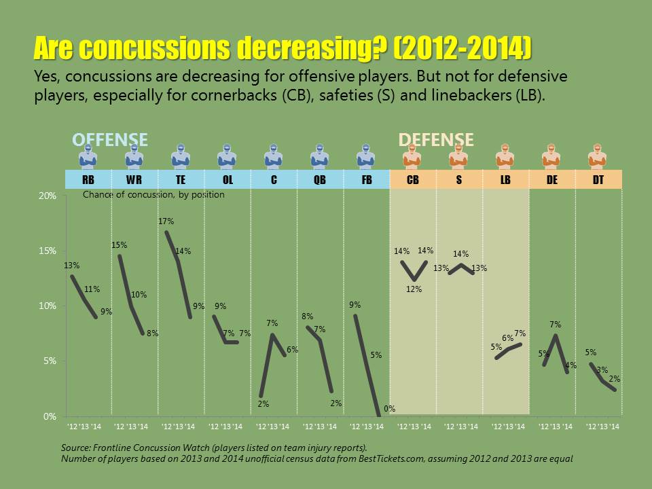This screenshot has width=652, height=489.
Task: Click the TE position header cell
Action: (181, 181)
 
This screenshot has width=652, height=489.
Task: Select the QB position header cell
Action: (320, 181)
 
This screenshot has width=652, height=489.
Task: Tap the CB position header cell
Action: (412, 181)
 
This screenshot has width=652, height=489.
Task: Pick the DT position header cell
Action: (598, 181)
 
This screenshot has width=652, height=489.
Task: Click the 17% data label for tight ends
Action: (166, 221)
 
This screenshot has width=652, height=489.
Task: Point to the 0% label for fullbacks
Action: (389, 409)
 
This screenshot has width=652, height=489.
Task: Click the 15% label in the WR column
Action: (120, 245)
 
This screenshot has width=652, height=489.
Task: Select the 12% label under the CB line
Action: (414, 289)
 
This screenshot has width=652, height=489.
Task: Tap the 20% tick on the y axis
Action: (47, 196)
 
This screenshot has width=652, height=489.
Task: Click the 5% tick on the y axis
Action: (49, 361)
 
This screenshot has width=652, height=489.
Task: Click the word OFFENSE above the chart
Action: (110, 140)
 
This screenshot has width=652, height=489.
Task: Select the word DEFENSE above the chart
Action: (435, 140)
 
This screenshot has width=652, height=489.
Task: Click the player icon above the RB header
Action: (88, 158)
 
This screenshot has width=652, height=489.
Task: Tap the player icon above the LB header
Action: (505, 158)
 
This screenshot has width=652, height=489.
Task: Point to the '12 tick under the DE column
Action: (543, 427)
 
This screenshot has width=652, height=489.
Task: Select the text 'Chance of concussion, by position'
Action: (153, 195)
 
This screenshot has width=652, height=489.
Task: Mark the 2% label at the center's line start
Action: (263, 404)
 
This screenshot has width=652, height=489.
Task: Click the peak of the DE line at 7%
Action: (556, 336)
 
